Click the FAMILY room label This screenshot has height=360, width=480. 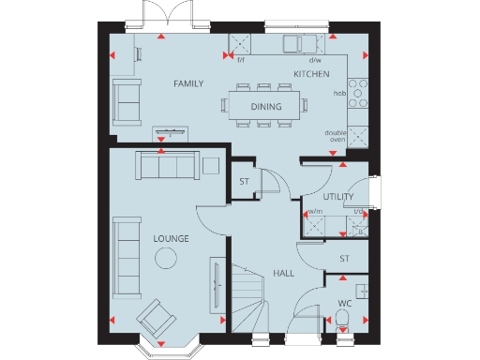pos(188,84)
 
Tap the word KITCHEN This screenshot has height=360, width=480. pos(311,73)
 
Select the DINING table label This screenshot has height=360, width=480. pos(265,107)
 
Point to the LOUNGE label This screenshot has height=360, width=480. pos(172,239)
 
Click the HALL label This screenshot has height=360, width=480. pos(284,273)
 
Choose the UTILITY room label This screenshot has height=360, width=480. pos(337,197)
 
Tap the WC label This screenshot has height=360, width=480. pos(344,303)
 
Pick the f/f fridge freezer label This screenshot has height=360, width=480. pos(240,59)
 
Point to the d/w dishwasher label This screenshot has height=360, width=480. pos(314,59)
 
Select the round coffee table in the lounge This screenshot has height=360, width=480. pos(166,259)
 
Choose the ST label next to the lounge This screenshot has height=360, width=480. pos(244,181)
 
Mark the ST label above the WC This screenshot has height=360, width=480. pos(344,258)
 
